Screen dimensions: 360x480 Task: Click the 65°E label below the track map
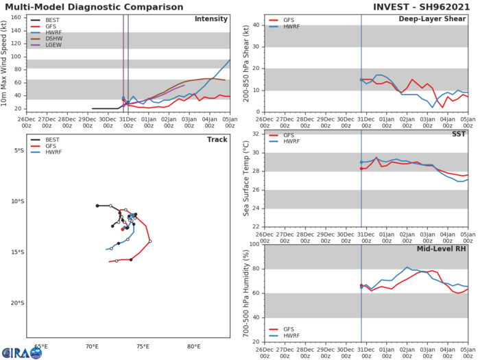(41, 347)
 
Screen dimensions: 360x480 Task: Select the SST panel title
(459, 134)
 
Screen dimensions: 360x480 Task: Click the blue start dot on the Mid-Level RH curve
(361, 287)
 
